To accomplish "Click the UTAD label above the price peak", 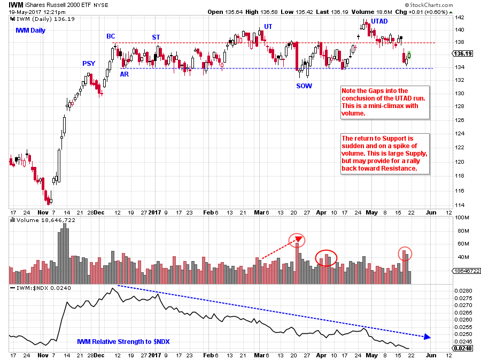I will (x=379, y=21).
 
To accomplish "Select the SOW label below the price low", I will (x=304, y=86).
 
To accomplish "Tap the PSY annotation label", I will (x=89, y=64).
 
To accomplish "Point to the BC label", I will (x=111, y=36).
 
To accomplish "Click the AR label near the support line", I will (x=124, y=74).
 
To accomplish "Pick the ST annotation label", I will (x=156, y=37).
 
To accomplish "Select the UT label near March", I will (x=268, y=26).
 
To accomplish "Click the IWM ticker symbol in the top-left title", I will (x=17, y=4).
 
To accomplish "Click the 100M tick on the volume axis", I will (x=460, y=218).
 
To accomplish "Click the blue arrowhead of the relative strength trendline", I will (x=426, y=336).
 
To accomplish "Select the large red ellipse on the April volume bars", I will (x=326, y=258).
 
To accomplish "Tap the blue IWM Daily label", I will (x=30, y=30).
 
